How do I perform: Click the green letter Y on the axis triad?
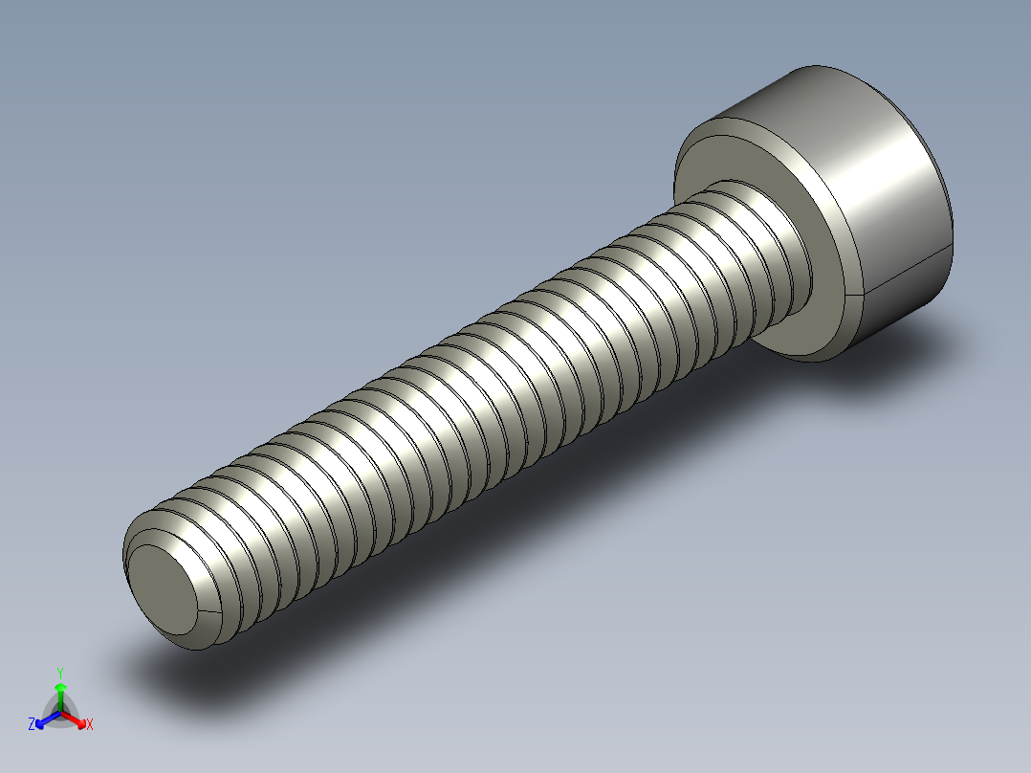pyautogui.click(x=60, y=673)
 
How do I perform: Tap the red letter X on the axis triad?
pyautogui.click(x=90, y=725)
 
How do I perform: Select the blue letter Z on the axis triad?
pyautogui.click(x=32, y=725)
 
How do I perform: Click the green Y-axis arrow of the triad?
pyautogui.click(x=60, y=695)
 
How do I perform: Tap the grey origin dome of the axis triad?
pyautogui.click(x=60, y=713)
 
